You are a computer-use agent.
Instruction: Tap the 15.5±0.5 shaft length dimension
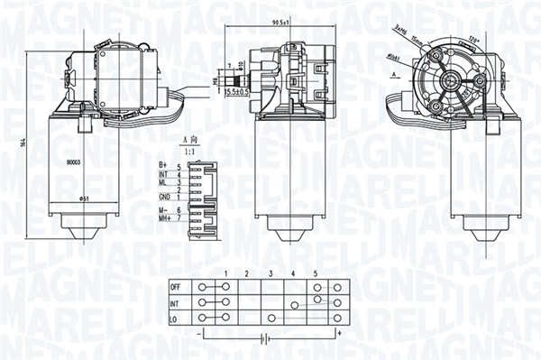tap(237, 92)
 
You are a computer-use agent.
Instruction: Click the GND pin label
tap(164, 196)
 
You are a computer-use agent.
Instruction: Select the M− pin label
tap(164, 209)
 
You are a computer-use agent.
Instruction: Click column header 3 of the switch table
tap(270, 273)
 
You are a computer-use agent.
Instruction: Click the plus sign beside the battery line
tap(339, 333)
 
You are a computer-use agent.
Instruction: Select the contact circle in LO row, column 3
tap(271, 318)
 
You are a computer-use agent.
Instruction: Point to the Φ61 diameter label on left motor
tap(83, 198)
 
